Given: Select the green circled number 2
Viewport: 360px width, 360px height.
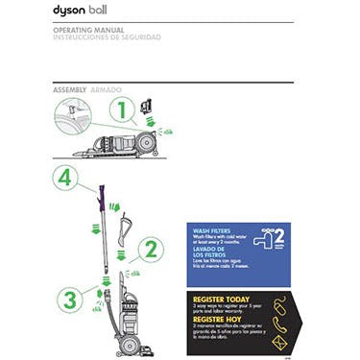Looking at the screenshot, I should click(x=150, y=252).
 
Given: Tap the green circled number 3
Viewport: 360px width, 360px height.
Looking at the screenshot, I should click(x=68, y=300).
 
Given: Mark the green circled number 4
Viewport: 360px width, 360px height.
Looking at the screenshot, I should click(x=63, y=178).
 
